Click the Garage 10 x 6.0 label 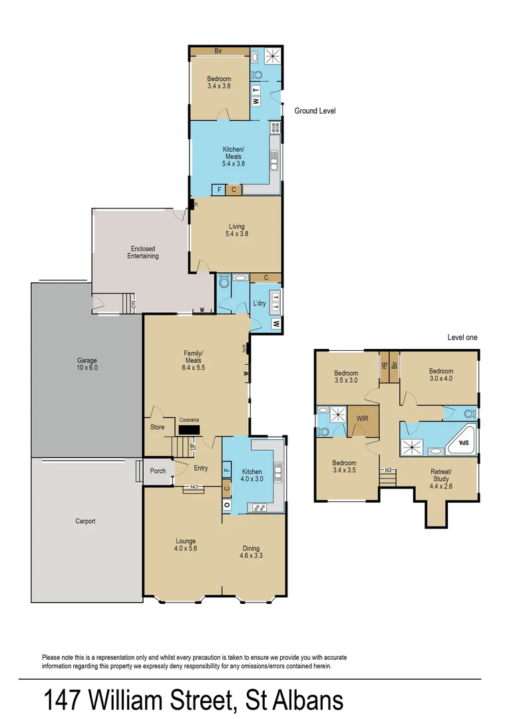click(87, 364)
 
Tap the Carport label click(85, 521)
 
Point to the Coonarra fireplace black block click(189, 431)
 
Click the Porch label click(158, 471)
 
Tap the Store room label click(157, 427)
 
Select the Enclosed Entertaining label click(144, 252)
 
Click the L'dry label click(259, 304)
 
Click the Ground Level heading click(315, 111)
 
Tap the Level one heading click(462, 338)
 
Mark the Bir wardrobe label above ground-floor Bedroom click(218, 51)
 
